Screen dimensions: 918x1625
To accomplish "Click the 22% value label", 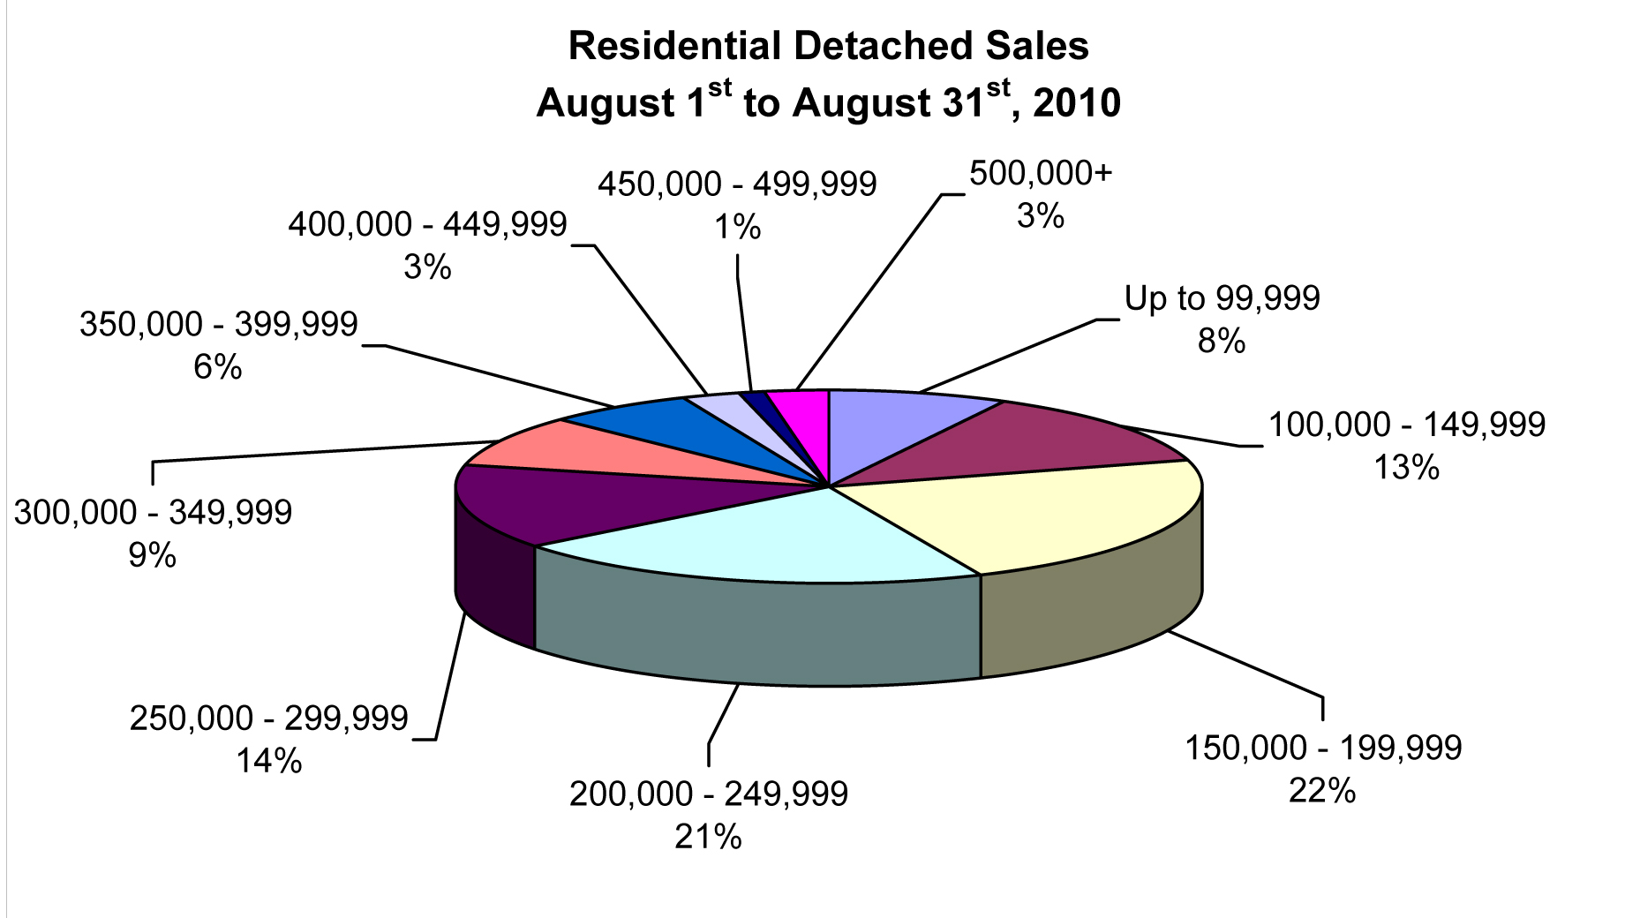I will coord(1321,790).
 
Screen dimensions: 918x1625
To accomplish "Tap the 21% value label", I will coord(708,836).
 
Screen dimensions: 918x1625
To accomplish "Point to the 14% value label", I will coord(268,760).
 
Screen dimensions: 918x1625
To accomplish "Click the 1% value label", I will coord(737,228).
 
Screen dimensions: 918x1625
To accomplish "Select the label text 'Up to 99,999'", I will coord(1222,298).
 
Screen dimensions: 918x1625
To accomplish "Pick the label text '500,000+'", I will coord(1041,172).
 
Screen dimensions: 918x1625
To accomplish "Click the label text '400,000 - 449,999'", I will coord(427,224).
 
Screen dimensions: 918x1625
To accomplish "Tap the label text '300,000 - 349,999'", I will coord(153,512).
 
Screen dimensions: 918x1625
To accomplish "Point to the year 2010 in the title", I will coord(1076,104).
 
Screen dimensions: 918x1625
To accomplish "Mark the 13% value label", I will coord(1406,467).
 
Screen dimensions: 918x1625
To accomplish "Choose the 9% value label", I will coord(152,555).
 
